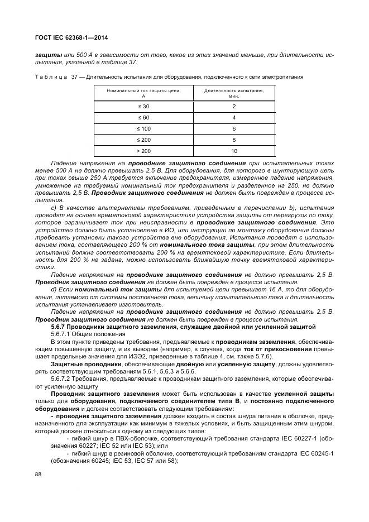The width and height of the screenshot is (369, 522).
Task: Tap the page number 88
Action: (38, 474)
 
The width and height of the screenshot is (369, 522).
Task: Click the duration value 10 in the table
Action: (234, 151)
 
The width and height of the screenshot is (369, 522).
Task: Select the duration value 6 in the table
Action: (234, 128)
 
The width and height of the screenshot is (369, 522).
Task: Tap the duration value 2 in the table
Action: (234, 106)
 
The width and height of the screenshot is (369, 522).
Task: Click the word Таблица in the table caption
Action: (51, 76)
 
